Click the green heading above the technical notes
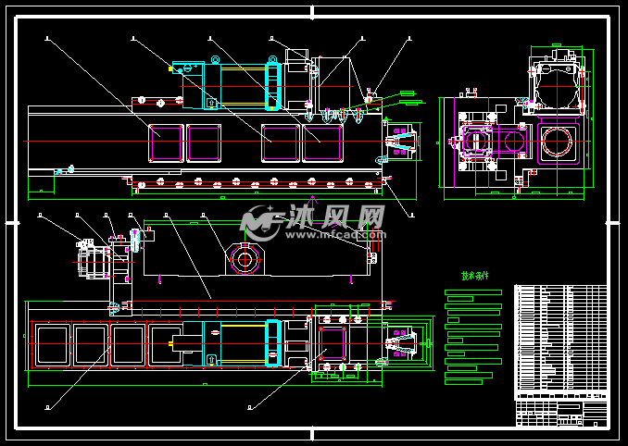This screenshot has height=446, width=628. point(474,276)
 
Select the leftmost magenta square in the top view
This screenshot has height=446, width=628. point(167,143)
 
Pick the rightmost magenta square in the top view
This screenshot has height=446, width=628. point(323,143)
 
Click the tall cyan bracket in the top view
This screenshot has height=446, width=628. point(272,83)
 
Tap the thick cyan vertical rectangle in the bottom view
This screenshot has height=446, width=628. point(273,343)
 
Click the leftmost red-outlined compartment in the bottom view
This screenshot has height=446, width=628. point(51,344)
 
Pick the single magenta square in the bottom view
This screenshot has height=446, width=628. point(331,341)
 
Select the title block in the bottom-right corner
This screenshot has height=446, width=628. point(560,411)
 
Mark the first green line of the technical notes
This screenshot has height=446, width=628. point(473,292)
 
